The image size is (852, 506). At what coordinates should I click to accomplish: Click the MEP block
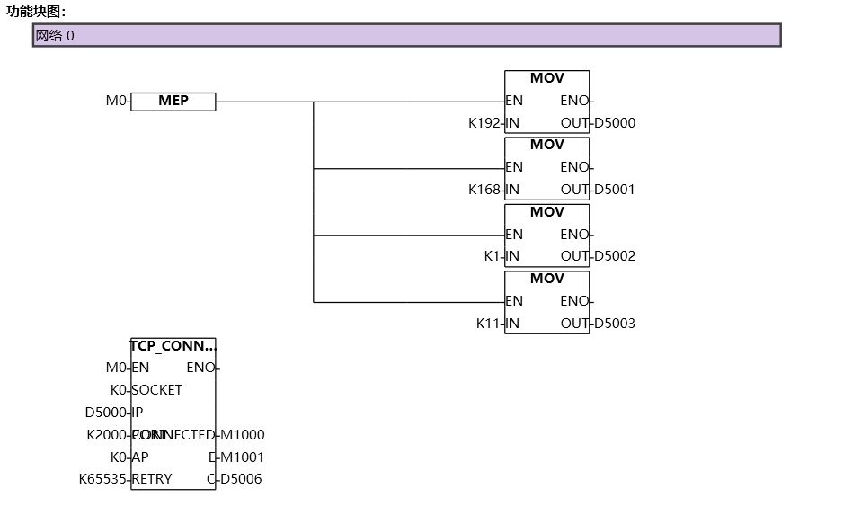pos(173,102)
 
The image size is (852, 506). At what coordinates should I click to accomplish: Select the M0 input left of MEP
pos(116,102)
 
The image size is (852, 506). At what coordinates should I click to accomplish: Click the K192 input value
pos(484,123)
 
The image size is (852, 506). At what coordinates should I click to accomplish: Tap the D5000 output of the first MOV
pos(615,123)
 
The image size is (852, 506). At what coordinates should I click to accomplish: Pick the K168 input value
pos(484,190)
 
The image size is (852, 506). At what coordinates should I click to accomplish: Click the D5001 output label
pos(615,190)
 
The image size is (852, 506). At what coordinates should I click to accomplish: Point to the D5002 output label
pos(615,256)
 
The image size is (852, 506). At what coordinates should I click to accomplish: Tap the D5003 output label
pos(615,324)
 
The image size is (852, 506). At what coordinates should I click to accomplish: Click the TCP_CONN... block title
pos(173,345)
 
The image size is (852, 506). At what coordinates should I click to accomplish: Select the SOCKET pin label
pos(157,390)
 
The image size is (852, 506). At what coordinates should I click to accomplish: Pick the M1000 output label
pos(243,435)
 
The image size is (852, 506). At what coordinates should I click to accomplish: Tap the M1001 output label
pos(243,457)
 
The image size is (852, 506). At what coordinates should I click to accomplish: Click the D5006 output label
pos(241,479)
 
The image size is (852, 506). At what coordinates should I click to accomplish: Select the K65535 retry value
pos(103,479)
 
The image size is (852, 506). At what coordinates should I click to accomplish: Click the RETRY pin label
pos(153,479)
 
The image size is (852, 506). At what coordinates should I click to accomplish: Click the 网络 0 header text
pos(55,36)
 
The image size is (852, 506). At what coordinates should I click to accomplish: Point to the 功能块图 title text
pos(36,12)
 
